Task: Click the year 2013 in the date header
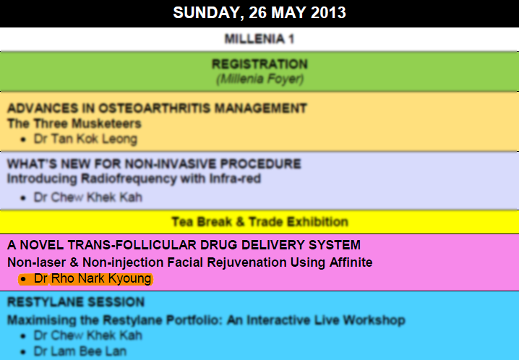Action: click(x=328, y=12)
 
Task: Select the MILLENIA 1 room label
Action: click(x=259, y=39)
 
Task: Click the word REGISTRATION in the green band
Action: click(x=259, y=64)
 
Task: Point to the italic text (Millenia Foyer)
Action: click(x=259, y=79)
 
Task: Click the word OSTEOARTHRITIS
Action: click(x=155, y=108)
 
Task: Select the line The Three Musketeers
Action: click(x=74, y=124)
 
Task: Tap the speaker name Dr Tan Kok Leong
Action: click(x=85, y=139)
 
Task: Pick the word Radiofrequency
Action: click(x=129, y=179)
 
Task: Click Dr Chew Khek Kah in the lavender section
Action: click(x=88, y=197)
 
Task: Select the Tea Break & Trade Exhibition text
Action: click(x=259, y=222)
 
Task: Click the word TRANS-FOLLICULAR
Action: click(x=131, y=245)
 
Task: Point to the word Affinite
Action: click(x=351, y=262)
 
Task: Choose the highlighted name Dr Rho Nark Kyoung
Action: click(x=93, y=278)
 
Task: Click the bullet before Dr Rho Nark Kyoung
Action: click(x=23, y=280)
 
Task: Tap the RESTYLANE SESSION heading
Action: click(x=76, y=302)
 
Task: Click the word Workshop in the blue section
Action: click(x=374, y=320)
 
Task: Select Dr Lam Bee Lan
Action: click(x=80, y=351)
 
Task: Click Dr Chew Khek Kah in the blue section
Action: click(x=88, y=335)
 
